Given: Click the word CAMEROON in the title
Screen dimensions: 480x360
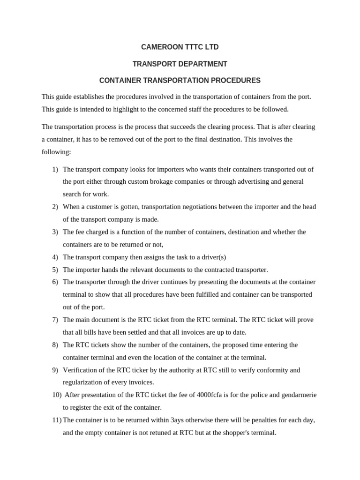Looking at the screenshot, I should [159, 47].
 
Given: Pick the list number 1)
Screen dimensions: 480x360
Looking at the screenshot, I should [55, 169].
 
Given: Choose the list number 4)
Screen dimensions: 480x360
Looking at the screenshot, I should [55, 257].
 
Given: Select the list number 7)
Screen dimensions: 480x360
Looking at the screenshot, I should [55, 320].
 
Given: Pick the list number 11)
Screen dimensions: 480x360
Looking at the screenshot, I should [57, 420].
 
